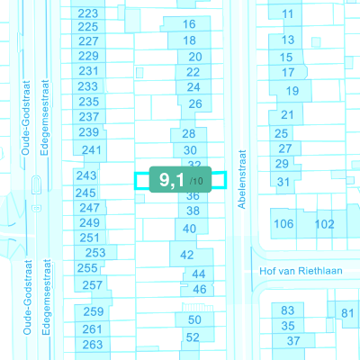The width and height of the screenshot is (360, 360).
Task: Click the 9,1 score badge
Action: [180, 179]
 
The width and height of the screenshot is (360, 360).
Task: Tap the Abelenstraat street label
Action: [242, 179]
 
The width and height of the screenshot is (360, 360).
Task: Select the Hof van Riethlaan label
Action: [301, 271]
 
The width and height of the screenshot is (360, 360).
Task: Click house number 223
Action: [88, 13]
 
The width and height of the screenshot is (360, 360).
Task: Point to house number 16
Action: [189, 24]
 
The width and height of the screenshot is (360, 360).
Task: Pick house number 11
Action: [287, 14]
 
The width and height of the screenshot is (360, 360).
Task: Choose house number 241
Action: [92, 150]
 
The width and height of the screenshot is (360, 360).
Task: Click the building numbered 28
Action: [189, 134]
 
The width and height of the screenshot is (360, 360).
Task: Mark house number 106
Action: [283, 224]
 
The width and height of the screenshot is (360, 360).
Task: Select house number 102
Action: [324, 224]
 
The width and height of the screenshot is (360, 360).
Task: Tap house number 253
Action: [95, 253]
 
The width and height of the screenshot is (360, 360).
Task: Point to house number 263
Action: [93, 345]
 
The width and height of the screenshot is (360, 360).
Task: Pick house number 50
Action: [194, 319]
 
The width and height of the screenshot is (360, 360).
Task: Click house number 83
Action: [287, 310]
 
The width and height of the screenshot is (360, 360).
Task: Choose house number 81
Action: [347, 313]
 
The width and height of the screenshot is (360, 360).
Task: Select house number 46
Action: [200, 290]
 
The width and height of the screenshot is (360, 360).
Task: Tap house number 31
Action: [283, 182]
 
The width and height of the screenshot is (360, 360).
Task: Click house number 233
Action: [87, 86]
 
